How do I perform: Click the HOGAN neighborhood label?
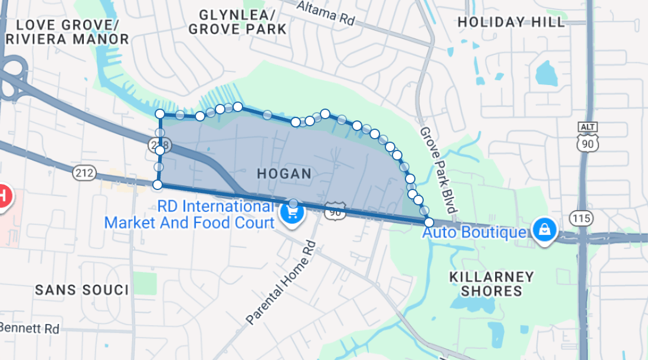point(284,174)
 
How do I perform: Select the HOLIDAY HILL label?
point(511,22)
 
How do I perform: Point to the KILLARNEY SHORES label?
point(492,284)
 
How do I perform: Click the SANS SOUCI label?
point(81,290)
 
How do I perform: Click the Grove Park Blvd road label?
point(438,170)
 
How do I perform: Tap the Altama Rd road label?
point(325,12)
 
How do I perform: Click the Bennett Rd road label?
point(30,328)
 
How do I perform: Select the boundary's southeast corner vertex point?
point(429,222)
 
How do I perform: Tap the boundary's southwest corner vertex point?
point(158,185)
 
